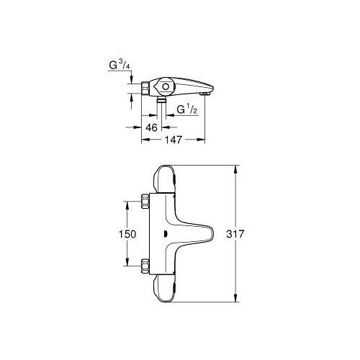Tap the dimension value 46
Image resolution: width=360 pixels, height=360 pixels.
tap(151, 127)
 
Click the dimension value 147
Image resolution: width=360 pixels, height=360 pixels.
tap(171, 142)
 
